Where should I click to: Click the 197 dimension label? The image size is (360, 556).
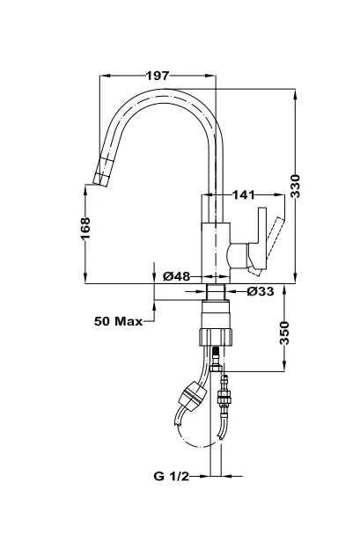[x=158, y=76]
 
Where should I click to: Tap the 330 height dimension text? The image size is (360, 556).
[x=296, y=187]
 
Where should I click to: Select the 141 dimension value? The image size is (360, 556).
[x=244, y=194]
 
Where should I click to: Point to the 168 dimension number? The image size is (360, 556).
[x=85, y=229]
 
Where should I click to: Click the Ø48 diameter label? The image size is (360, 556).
[x=177, y=276]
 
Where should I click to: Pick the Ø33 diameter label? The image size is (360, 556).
[x=261, y=291]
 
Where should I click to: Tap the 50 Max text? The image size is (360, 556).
[x=118, y=321]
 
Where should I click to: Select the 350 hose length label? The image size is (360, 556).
[x=284, y=333]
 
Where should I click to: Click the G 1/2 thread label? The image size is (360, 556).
[x=172, y=476]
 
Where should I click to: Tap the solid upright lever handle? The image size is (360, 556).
[x=260, y=239]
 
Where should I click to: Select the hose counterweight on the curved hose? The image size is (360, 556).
[x=193, y=396]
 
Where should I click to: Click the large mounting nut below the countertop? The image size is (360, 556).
[x=216, y=337]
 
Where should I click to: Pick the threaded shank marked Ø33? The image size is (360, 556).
[x=216, y=292]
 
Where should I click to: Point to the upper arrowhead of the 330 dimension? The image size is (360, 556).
[x=296, y=95]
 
